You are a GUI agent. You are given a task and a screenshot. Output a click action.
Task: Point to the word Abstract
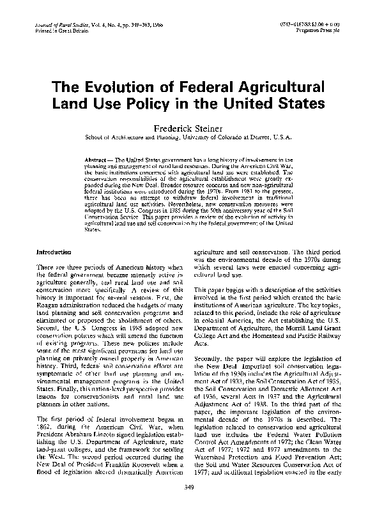click(x=98, y=157)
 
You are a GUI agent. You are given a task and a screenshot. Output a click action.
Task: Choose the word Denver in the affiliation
click(x=266, y=137)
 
